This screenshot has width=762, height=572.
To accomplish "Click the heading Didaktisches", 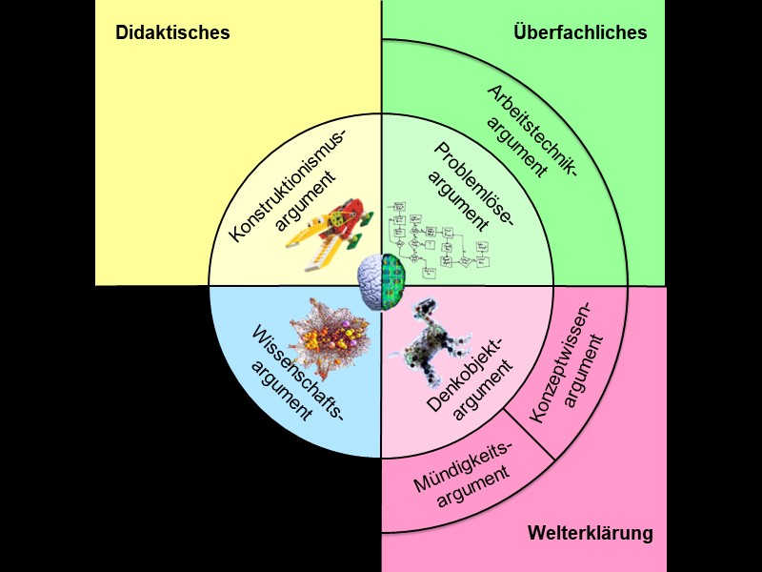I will pos(172,32).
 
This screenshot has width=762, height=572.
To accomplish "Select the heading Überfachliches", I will pos(579,32).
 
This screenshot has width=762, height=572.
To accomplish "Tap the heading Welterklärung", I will pos(591,533).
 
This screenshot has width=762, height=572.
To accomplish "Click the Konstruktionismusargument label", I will pos(287,180).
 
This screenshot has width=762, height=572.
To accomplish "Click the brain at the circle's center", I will pos(381,283).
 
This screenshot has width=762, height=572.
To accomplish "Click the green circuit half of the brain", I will pos(393,283).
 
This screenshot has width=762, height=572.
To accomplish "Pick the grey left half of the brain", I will pos(370,283).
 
